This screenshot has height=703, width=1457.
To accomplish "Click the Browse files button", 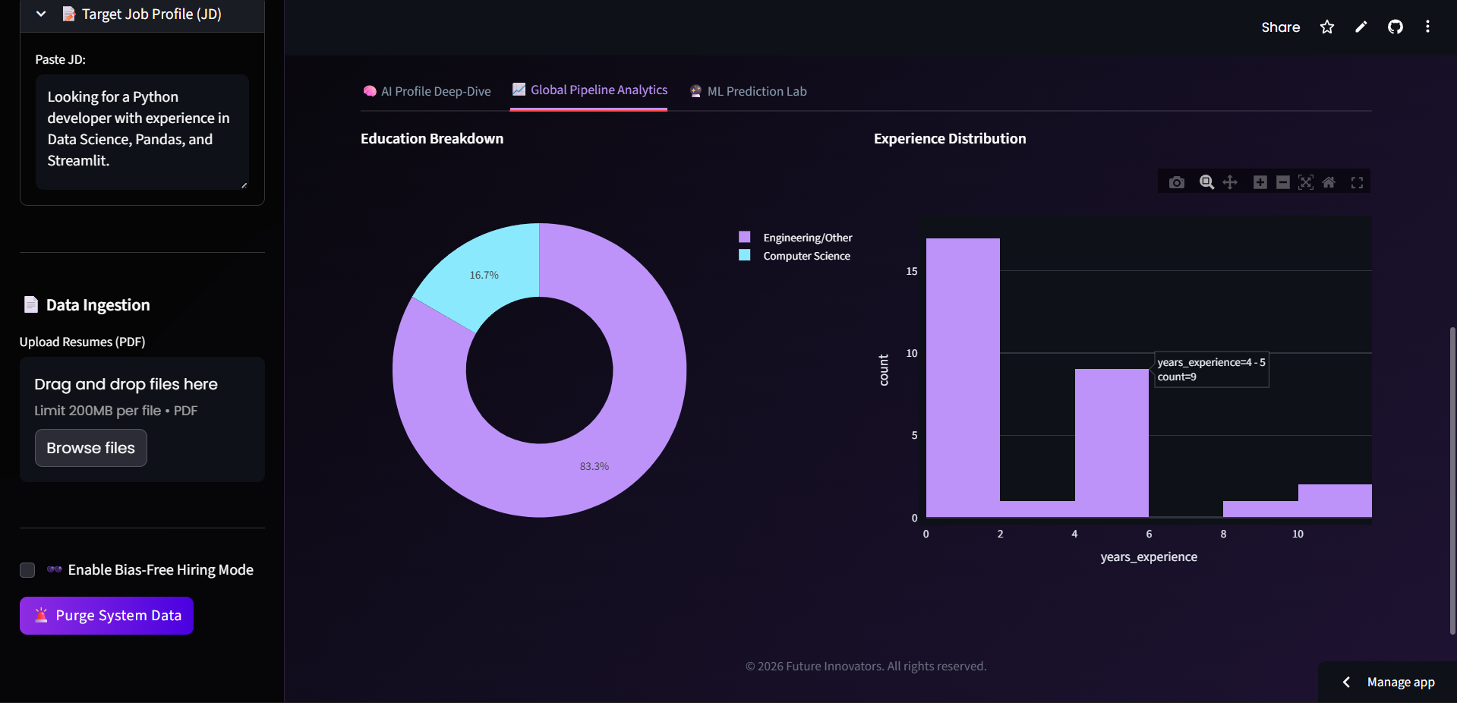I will [x=90, y=448].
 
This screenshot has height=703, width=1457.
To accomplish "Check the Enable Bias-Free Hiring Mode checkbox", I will [x=27, y=570].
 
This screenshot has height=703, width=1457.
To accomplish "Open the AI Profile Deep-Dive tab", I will [x=427, y=91].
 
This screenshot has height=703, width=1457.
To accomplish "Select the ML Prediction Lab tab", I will [x=749, y=91].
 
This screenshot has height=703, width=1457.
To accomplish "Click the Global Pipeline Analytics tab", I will [x=590, y=90].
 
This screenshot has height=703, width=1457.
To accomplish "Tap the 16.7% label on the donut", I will [x=484, y=275].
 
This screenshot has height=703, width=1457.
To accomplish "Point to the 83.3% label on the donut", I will [x=594, y=466].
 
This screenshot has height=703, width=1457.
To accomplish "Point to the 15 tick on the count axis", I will [x=911, y=271].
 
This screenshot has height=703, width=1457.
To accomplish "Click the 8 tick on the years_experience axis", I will [x=1223, y=534].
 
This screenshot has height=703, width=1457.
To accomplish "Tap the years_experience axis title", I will [x=1149, y=556].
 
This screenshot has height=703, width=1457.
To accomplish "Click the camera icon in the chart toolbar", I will [x=1176, y=182].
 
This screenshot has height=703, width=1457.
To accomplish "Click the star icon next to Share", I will [x=1326, y=27].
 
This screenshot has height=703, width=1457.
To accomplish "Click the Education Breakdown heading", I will [x=431, y=138].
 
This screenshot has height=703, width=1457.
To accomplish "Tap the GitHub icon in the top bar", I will [x=1395, y=27].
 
